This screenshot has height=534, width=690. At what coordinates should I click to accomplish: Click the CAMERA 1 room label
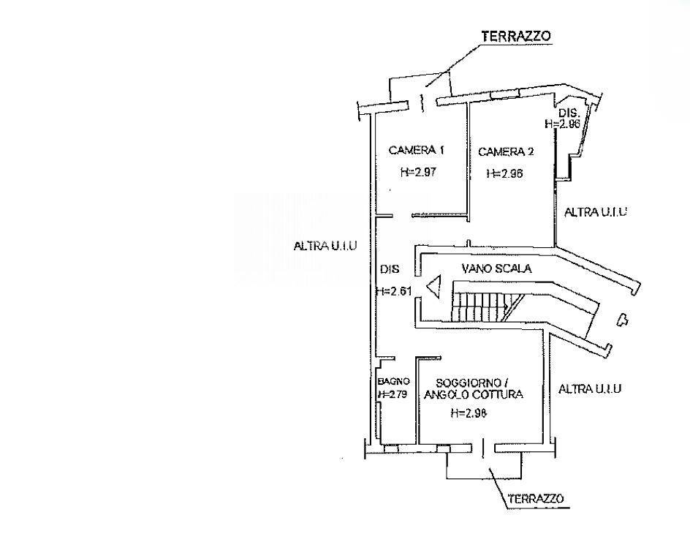tap(417, 150)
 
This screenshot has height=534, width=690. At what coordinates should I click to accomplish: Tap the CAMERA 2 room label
tap(506, 152)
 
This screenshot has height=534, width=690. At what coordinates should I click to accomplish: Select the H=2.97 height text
tap(418, 172)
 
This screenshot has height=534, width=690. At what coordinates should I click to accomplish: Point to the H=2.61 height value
tap(394, 291)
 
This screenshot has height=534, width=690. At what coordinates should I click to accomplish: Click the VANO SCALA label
tap(496, 268)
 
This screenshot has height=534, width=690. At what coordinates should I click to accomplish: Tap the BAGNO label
tap(394, 381)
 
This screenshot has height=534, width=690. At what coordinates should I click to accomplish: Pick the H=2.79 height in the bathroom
tap(393, 394)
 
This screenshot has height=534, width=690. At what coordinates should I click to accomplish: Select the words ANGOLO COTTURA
tap(474, 394)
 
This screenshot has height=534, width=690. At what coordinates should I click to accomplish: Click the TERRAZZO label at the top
tap(516, 36)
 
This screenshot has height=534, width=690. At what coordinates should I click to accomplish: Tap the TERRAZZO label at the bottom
tap(536, 499)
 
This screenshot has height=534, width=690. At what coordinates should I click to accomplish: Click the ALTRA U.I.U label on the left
tap(325, 246)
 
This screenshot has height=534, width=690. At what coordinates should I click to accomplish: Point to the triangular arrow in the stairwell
tap(433, 287)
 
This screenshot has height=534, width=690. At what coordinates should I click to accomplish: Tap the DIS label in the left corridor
tap(390, 268)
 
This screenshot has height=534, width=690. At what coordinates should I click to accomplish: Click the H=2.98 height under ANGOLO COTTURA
tap(469, 413)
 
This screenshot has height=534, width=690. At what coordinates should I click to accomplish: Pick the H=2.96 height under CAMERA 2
tap(505, 173)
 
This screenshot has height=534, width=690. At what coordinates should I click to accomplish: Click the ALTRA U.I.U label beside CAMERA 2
tap(596, 212)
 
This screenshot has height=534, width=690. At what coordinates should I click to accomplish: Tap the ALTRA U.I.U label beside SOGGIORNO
tap(590, 388)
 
